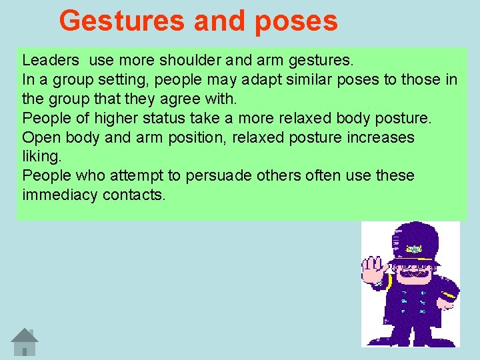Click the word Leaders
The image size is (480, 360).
point(51,61)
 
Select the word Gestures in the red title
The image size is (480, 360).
point(122,21)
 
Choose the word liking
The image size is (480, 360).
point(41,157)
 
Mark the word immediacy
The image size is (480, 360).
point(59,195)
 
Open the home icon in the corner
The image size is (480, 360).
point(25,341)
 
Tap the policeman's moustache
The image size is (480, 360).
point(415,273)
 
